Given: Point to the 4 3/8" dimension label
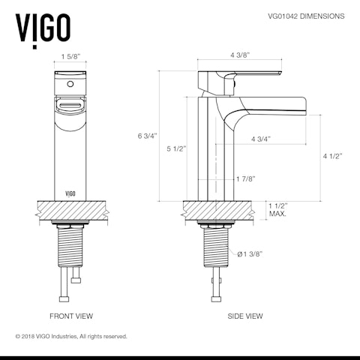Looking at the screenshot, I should point(239,55).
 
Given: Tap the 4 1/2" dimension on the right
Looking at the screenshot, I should point(331,156).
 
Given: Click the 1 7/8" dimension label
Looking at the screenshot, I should point(245,178).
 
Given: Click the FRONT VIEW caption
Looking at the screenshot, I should point(71,316).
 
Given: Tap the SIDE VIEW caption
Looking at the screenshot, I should point(245,316).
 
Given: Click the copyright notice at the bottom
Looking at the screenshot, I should point(71,337).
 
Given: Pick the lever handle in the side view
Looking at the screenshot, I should point(247,73).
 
